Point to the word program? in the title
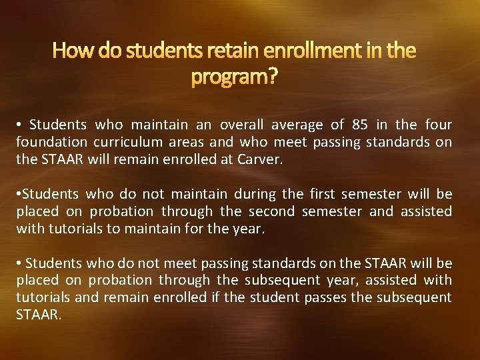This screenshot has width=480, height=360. pos(234,78)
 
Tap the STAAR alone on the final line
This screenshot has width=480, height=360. pos(38,315)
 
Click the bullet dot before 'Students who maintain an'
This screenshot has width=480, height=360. pos(20,125)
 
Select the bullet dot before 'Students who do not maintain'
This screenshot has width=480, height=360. pos(19,194)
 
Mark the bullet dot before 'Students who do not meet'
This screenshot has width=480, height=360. pos(20,263)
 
